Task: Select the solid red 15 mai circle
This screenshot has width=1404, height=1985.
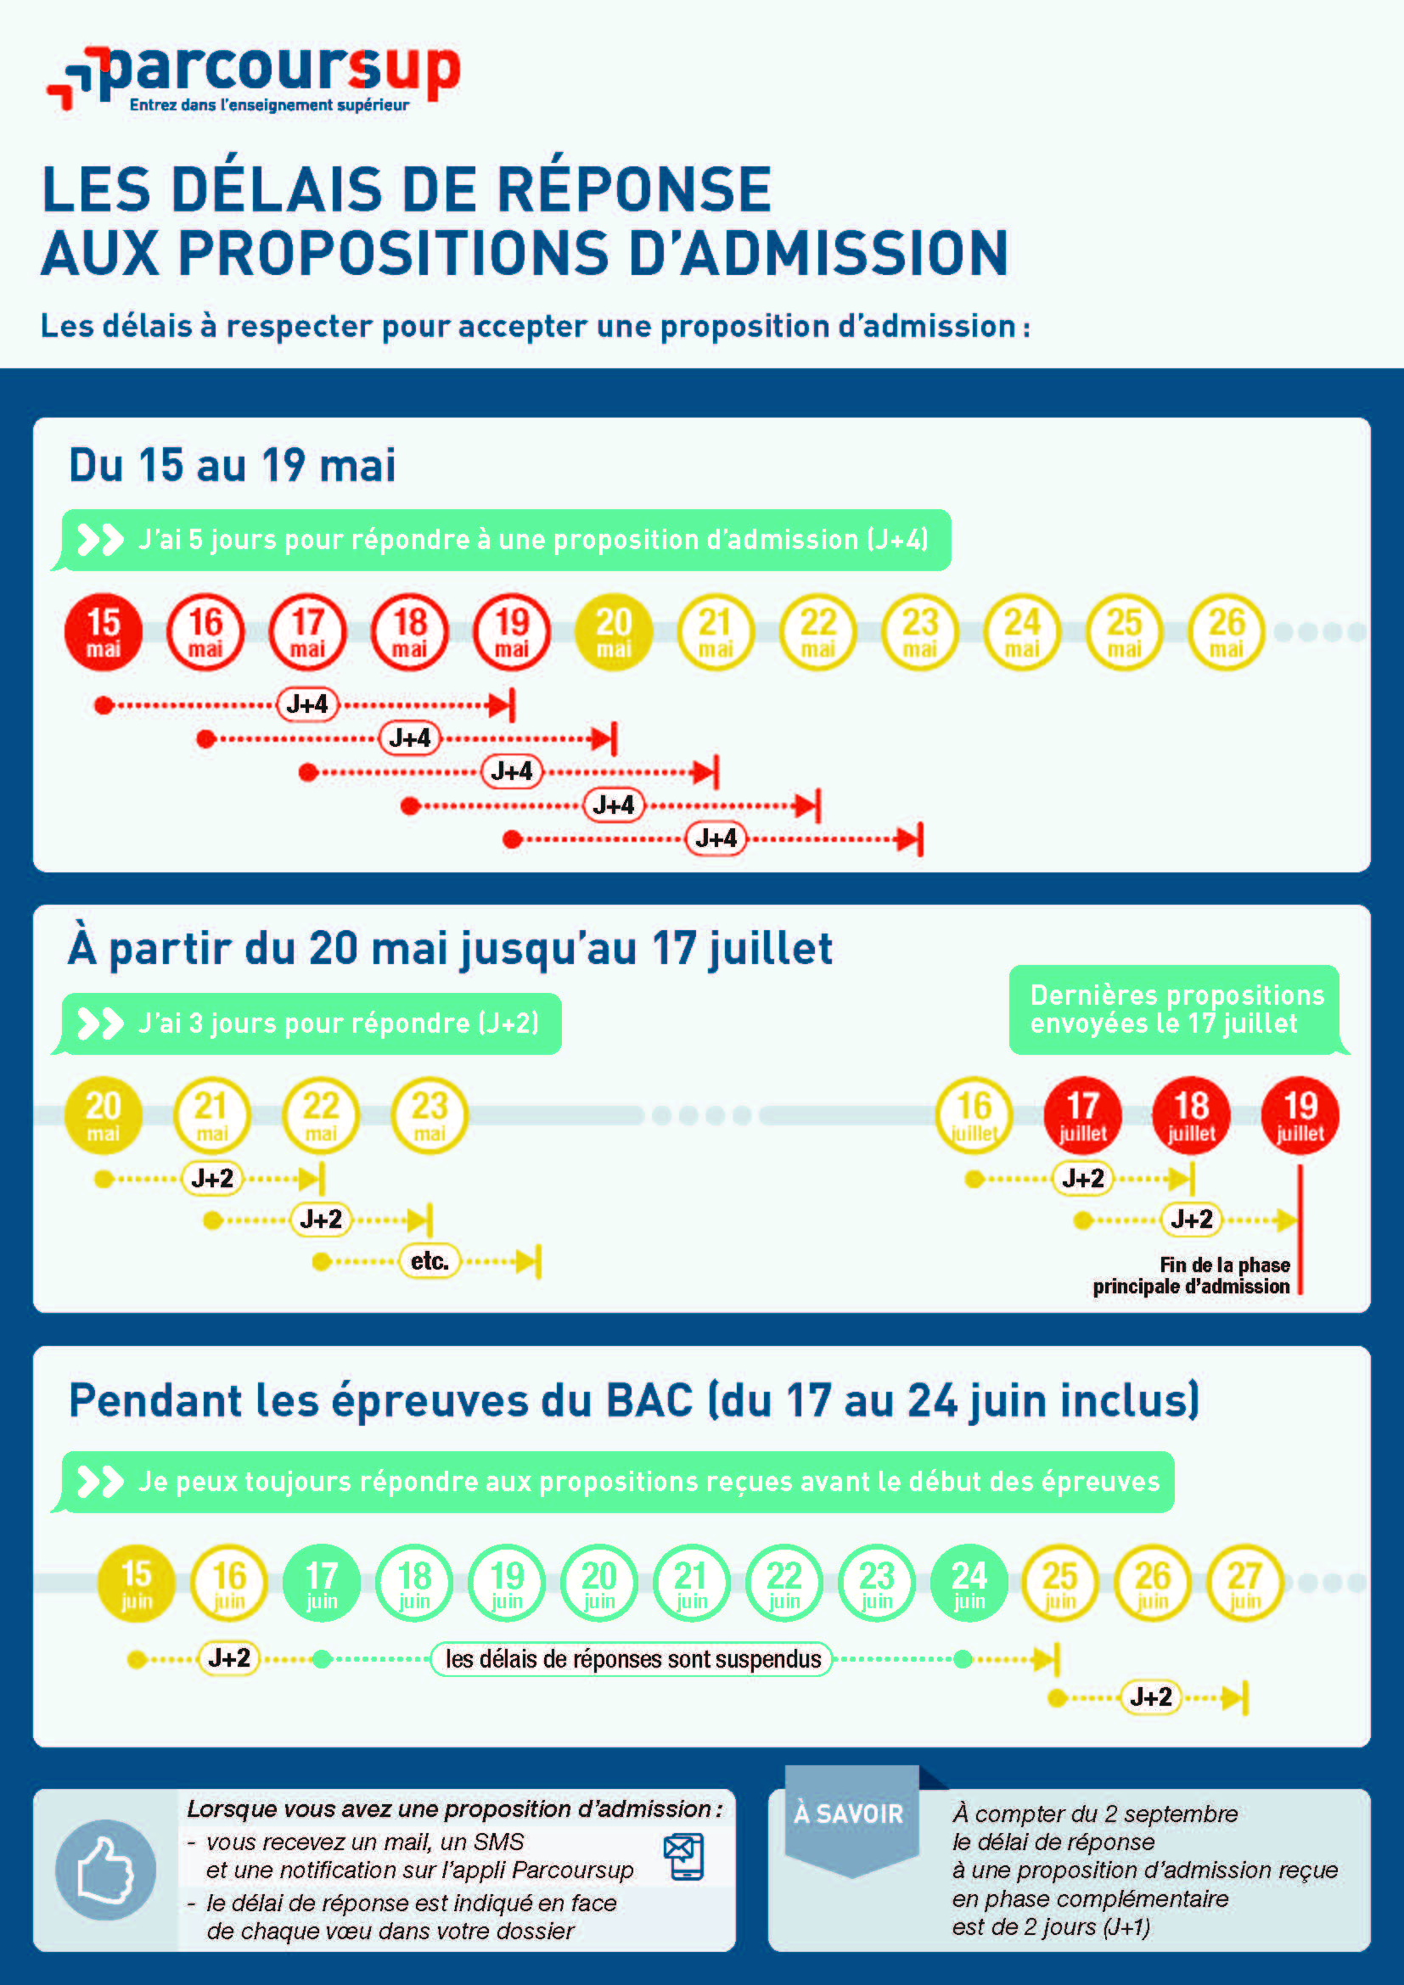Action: (x=104, y=632)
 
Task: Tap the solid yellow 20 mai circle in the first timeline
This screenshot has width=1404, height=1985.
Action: (x=614, y=632)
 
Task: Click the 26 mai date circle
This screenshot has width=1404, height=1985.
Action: (x=1226, y=632)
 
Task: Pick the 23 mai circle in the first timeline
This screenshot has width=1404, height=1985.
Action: (x=920, y=632)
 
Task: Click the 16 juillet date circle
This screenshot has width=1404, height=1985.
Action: (x=974, y=1115)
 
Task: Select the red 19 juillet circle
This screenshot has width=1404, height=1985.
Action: (x=1300, y=1115)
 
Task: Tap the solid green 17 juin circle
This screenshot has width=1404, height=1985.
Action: (x=322, y=1583)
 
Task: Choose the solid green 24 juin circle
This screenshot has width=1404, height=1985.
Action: (x=969, y=1583)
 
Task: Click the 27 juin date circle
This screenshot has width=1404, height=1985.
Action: (x=1245, y=1583)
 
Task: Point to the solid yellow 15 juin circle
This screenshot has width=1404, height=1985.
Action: (x=137, y=1583)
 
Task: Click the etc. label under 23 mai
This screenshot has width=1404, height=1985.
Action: (x=430, y=1261)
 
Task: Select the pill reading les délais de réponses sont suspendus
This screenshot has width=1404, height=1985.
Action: (x=632, y=1659)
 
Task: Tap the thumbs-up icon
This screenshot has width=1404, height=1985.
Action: (x=105, y=1870)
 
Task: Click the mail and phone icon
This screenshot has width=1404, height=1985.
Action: (x=684, y=1856)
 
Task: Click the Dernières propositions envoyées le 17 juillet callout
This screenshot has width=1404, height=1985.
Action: (x=1176, y=1009)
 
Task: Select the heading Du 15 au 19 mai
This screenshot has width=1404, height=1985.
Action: (x=233, y=465)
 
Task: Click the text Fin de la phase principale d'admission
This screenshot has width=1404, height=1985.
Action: (x=1191, y=1276)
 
